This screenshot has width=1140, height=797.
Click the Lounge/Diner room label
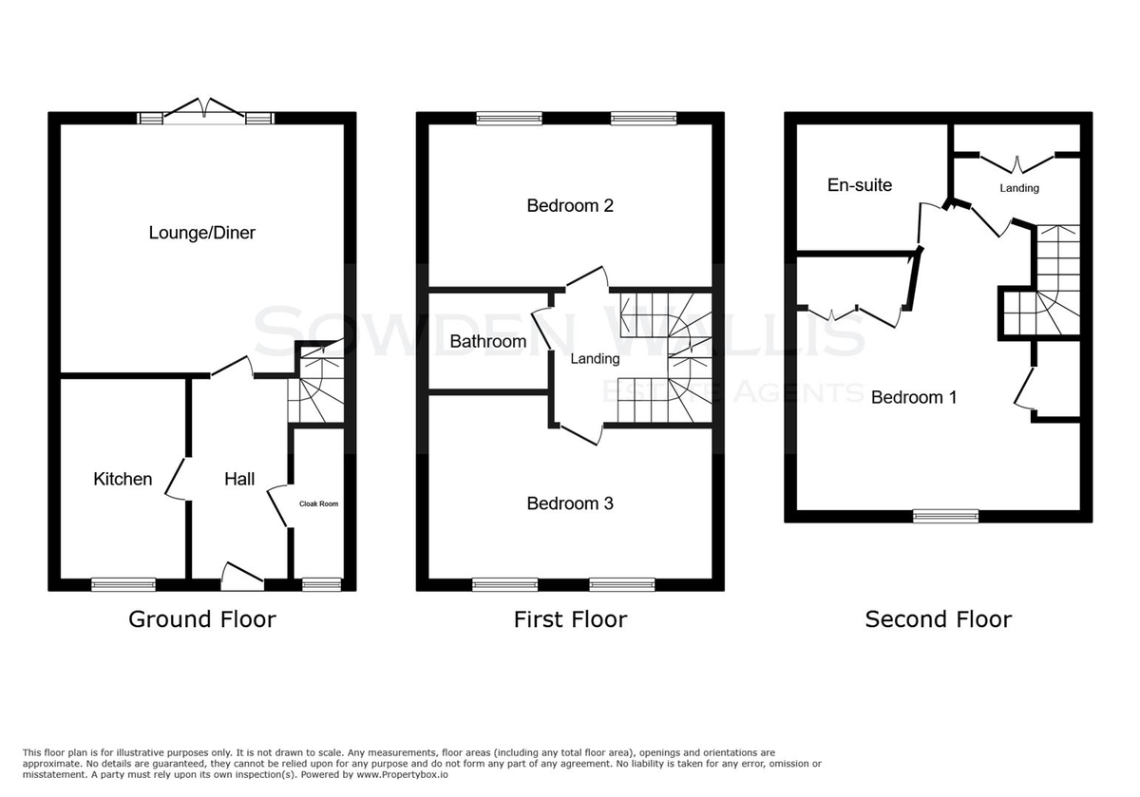click(x=202, y=233)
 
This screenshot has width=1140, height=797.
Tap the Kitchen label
click(x=123, y=479)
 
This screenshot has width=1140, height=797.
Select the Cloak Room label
click(x=318, y=503)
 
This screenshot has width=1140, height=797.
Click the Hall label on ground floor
click(x=239, y=479)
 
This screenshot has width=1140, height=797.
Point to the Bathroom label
click(x=488, y=341)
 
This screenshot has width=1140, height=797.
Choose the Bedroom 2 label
click(x=570, y=205)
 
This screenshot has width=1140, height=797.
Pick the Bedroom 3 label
click(x=570, y=503)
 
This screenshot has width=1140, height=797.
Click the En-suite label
click(x=860, y=184)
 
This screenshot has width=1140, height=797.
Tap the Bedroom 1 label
click(x=914, y=397)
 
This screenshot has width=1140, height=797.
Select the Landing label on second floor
click(x=1019, y=188)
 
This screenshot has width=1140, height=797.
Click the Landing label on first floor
click(x=595, y=359)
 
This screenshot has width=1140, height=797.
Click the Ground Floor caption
click(x=202, y=619)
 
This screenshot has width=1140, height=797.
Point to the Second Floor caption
click(x=939, y=619)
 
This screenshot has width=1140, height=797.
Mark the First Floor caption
click(x=570, y=619)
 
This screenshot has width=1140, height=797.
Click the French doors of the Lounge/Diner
click(x=206, y=110)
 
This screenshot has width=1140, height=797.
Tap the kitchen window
click(x=123, y=584)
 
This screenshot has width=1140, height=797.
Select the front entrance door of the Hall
click(x=243, y=577)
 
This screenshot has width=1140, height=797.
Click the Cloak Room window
click(x=322, y=584)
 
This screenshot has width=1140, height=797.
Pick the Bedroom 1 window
click(x=946, y=516)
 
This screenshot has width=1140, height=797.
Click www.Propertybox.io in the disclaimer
click(x=402, y=775)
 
